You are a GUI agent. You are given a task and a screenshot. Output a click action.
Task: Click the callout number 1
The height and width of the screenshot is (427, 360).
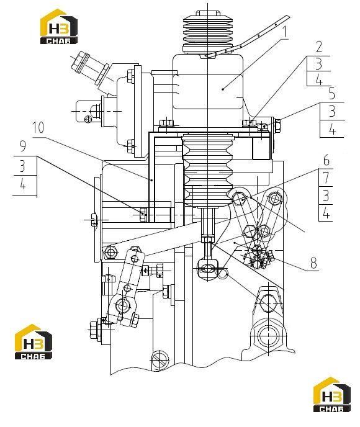pyautogui.click(x=284, y=32)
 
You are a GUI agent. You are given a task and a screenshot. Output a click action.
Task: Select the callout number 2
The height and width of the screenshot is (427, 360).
pyautogui.click(x=319, y=47)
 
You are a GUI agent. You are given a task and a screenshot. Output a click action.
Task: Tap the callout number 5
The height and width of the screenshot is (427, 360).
pyautogui.click(x=332, y=94)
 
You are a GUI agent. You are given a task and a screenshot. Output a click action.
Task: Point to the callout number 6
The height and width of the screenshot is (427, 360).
pyautogui.click(x=326, y=160)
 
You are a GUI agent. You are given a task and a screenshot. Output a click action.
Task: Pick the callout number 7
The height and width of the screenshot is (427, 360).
pyautogui.click(x=326, y=178)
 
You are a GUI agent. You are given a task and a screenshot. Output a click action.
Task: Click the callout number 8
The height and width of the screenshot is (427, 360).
pyautogui.click(x=313, y=263)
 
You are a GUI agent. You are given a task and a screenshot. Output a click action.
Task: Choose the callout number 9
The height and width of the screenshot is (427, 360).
pyautogui.click(x=23, y=146)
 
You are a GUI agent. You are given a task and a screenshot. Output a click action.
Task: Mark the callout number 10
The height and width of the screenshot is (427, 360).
pyautogui.click(x=38, y=127)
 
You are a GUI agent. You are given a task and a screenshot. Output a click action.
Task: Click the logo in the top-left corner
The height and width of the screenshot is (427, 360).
pyautogui.click(x=59, y=27)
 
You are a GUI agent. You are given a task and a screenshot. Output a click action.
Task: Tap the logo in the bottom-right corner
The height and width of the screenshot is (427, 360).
pyautogui.click(x=332, y=395)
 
